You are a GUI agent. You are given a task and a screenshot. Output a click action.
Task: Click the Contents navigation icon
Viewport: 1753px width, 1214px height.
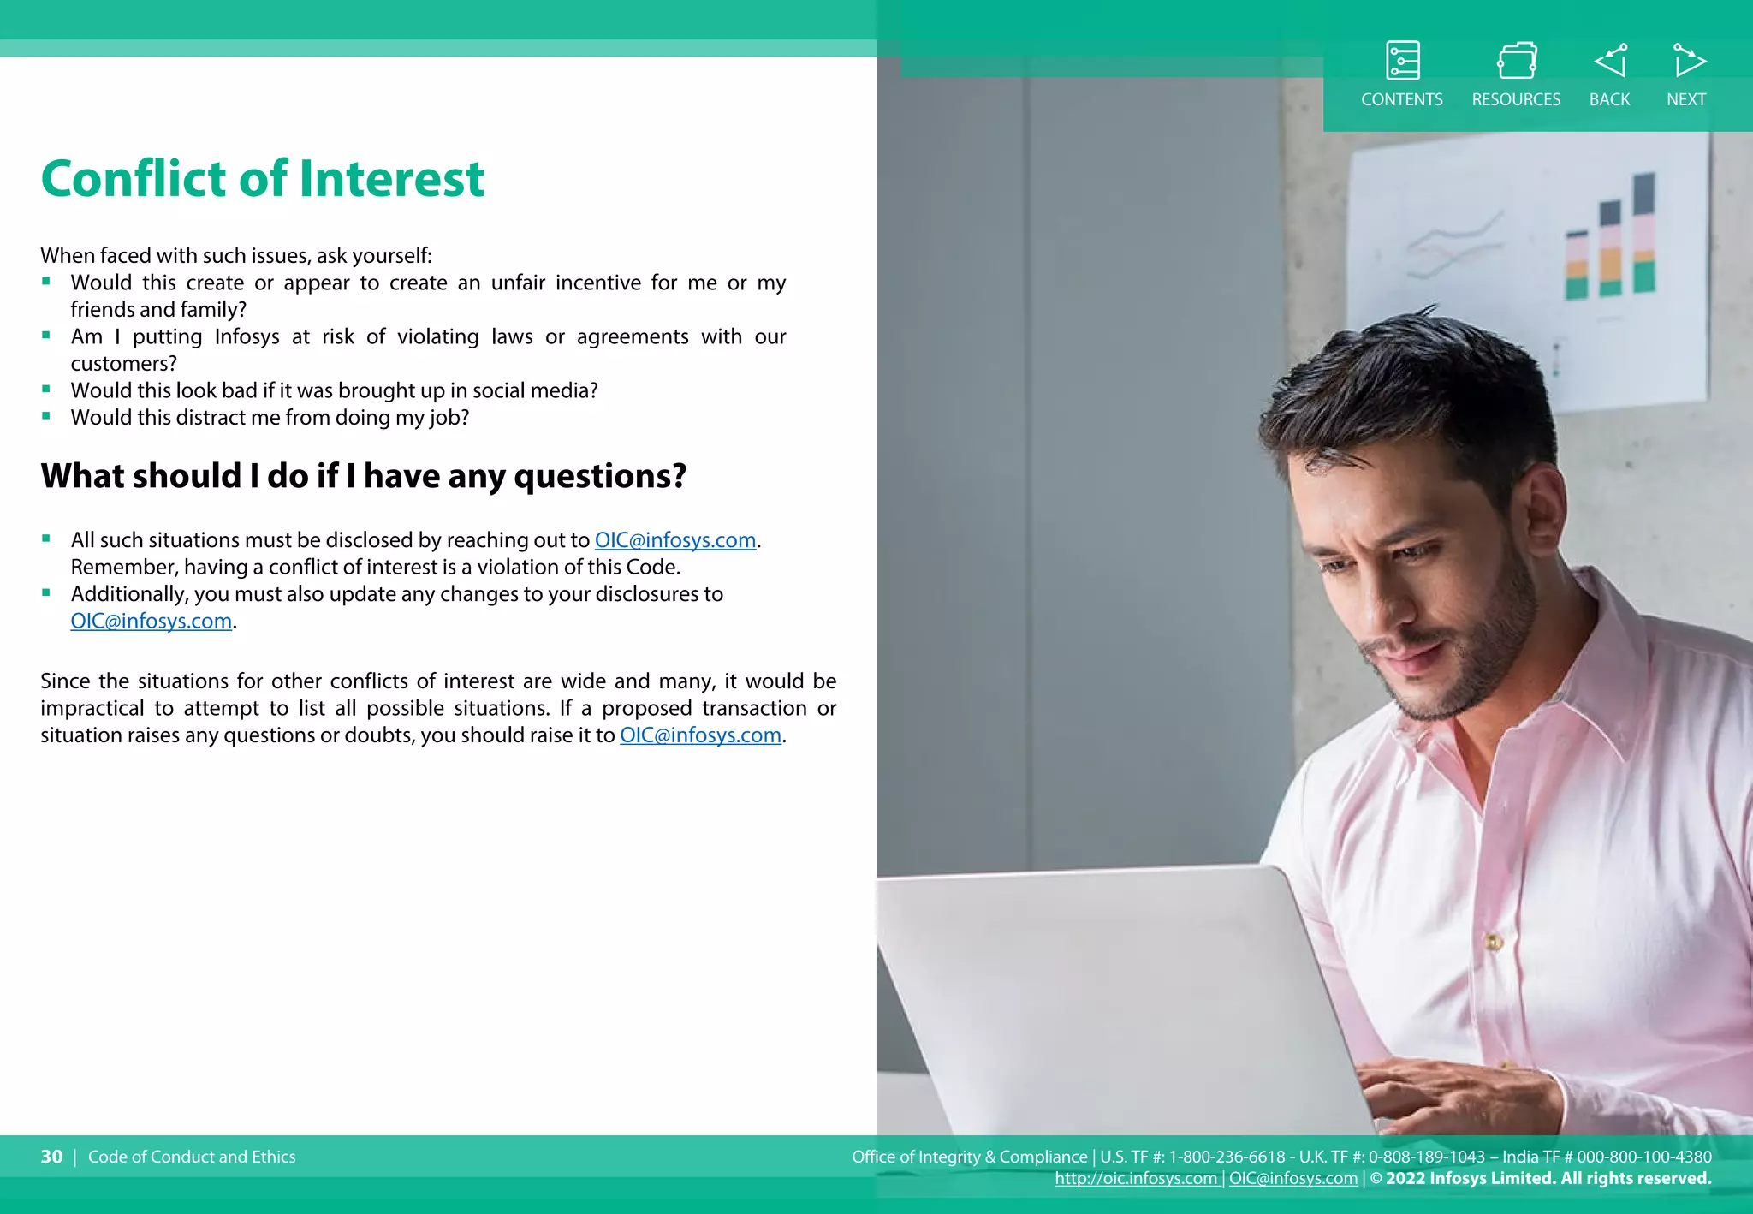(x=1402, y=61)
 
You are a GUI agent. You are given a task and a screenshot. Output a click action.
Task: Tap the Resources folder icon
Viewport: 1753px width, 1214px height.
(x=1516, y=61)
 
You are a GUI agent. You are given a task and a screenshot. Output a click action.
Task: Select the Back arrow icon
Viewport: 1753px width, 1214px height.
(x=1610, y=61)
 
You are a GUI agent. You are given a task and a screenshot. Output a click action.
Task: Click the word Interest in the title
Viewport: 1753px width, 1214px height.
(x=391, y=179)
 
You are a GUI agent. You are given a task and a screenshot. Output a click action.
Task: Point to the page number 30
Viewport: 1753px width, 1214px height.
(x=51, y=1157)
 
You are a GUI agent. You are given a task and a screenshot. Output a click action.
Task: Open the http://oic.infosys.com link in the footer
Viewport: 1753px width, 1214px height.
(x=1135, y=1179)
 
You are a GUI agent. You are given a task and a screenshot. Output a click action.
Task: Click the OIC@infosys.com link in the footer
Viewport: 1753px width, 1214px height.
(x=1292, y=1179)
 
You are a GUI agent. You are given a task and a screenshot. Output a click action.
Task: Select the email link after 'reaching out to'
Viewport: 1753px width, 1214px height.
(x=674, y=540)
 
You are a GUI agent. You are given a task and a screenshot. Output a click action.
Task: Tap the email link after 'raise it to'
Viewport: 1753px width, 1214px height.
(x=700, y=735)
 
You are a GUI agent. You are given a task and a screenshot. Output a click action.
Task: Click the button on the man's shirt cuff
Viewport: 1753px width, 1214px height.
(x=1495, y=942)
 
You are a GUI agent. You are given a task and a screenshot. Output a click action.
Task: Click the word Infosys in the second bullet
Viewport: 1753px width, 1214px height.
(x=247, y=337)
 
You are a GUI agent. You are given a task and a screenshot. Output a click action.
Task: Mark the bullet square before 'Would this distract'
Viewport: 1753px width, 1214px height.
(x=46, y=417)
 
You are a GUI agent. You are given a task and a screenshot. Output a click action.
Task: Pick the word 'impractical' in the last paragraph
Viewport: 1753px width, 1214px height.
(x=92, y=709)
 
